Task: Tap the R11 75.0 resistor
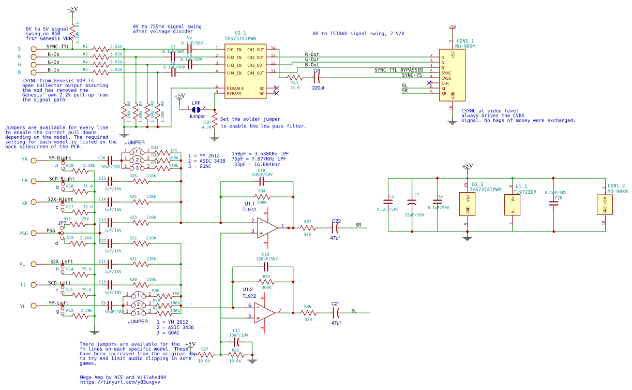(x=295, y=77)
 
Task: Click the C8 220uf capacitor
(x=318, y=77)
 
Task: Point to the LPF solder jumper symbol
(x=196, y=109)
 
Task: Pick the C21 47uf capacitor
(x=336, y=313)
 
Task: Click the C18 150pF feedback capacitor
(x=262, y=182)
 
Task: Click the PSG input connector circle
(x=34, y=234)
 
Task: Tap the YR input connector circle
(x=34, y=160)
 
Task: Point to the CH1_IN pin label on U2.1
(x=234, y=49)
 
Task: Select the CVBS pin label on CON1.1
(x=446, y=78)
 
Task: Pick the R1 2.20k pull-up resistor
(x=72, y=32)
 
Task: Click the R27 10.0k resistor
(x=204, y=355)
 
